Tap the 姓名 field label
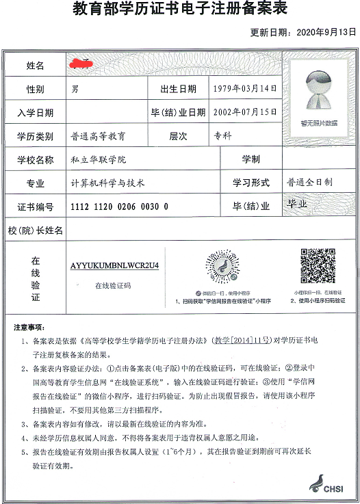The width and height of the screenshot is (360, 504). (35, 66)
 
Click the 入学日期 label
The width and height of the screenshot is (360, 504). (35, 113)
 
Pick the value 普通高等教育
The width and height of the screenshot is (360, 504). (99, 136)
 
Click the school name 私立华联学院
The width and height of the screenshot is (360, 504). (99, 159)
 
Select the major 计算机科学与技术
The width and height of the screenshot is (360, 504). (108, 183)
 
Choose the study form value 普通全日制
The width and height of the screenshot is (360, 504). (309, 183)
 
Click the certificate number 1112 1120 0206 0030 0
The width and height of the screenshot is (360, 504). (119, 207)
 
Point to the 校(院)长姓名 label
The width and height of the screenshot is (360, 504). (35, 230)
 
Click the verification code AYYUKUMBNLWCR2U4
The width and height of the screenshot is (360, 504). (114, 265)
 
